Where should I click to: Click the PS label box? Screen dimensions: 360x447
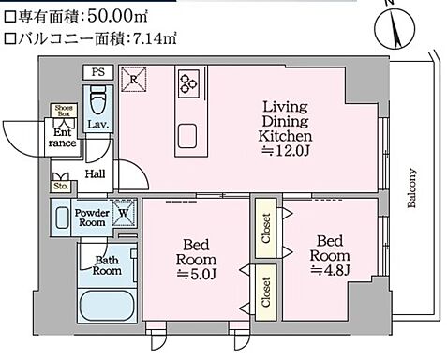(x=98, y=72)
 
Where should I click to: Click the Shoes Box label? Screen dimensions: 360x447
(x=64, y=111)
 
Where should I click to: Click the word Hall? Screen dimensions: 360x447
(x=96, y=173)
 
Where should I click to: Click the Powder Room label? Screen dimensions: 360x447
(x=91, y=217)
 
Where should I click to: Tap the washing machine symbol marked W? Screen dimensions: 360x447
(x=124, y=213)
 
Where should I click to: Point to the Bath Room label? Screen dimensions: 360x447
(x=106, y=265)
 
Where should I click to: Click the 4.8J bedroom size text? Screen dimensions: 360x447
(x=331, y=268)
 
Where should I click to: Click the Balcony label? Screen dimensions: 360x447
(x=413, y=192)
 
